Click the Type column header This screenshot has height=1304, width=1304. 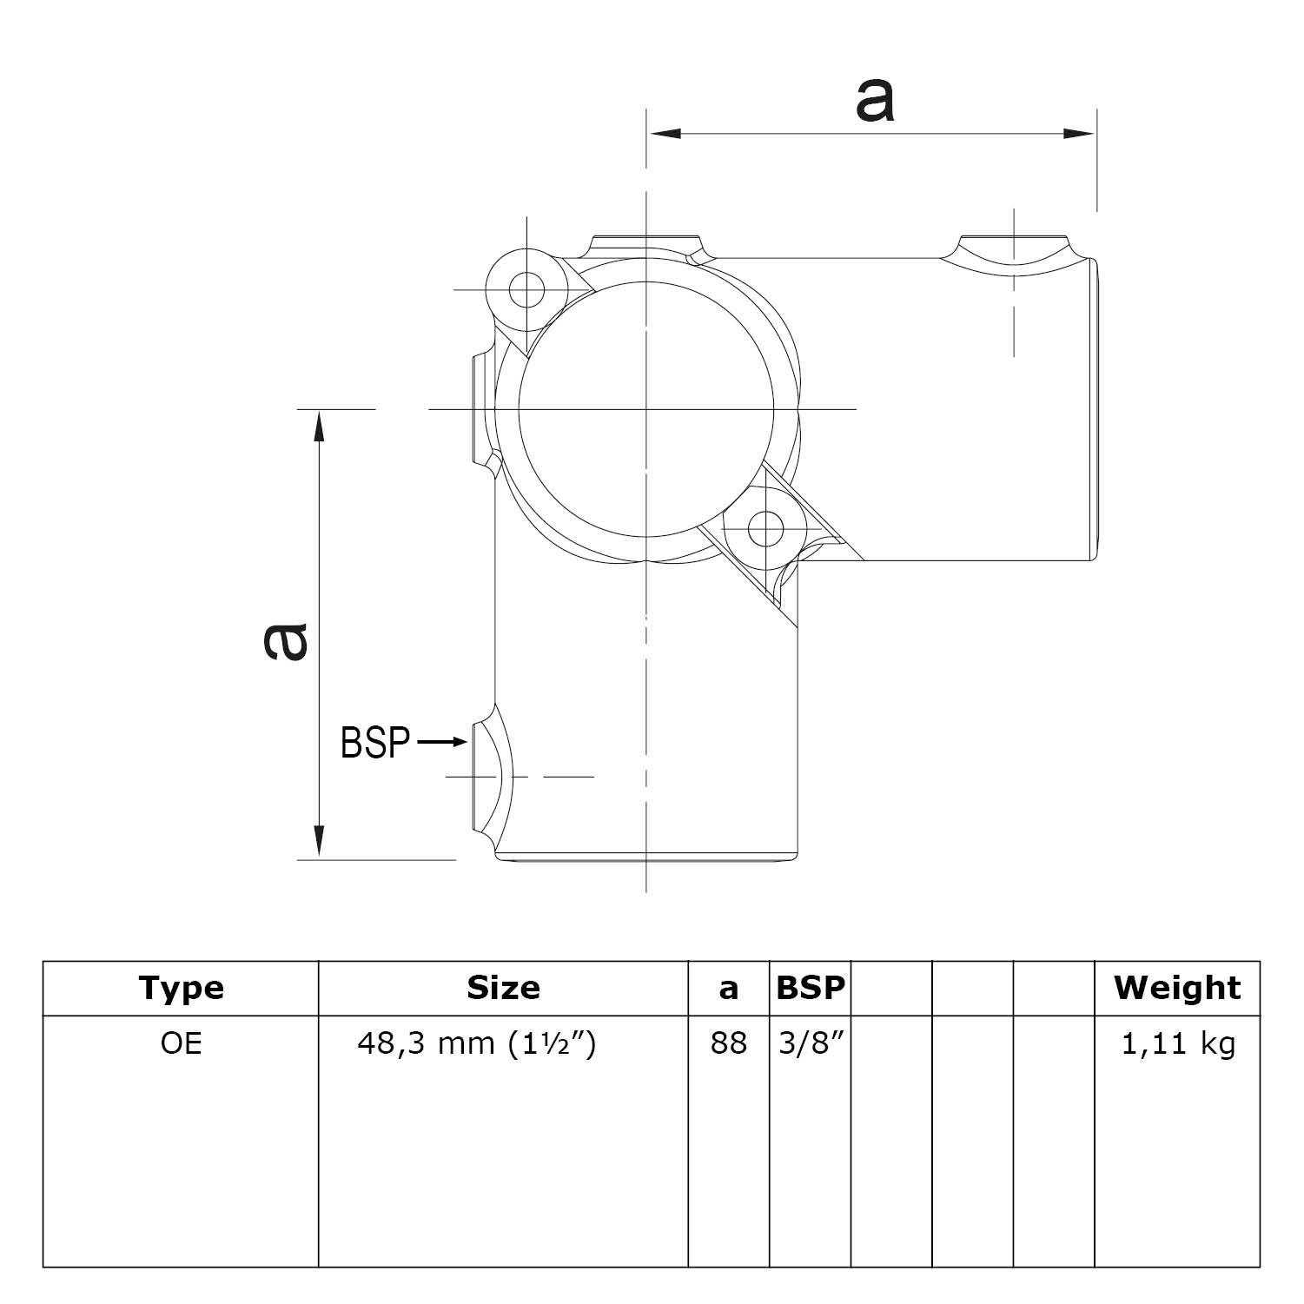pyautogui.click(x=181, y=988)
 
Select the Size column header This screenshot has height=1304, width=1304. pyautogui.click(x=503, y=988)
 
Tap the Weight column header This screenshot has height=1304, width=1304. pyautogui.click(x=1177, y=988)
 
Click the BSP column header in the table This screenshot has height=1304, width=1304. pyautogui.click(x=810, y=988)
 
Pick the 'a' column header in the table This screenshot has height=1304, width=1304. pyautogui.click(x=728, y=989)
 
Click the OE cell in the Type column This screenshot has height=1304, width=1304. pyautogui.click(x=181, y=1043)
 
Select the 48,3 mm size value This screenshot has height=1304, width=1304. pyautogui.click(x=477, y=1043)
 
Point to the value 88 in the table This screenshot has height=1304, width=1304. pyautogui.click(x=728, y=1043)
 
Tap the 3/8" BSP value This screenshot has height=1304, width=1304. pyautogui.click(x=810, y=1043)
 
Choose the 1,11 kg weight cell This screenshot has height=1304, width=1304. pyautogui.click(x=1177, y=1043)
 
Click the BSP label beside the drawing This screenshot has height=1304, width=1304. pyautogui.click(x=374, y=743)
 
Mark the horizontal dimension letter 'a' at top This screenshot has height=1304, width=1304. pyautogui.click(x=873, y=100)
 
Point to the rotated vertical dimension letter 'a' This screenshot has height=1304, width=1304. pyautogui.click(x=286, y=641)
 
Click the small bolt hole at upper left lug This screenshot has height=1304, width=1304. pyautogui.click(x=526, y=289)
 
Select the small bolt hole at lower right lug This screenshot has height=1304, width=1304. pyautogui.click(x=765, y=526)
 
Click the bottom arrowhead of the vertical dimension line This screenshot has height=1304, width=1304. pyautogui.click(x=320, y=841)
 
